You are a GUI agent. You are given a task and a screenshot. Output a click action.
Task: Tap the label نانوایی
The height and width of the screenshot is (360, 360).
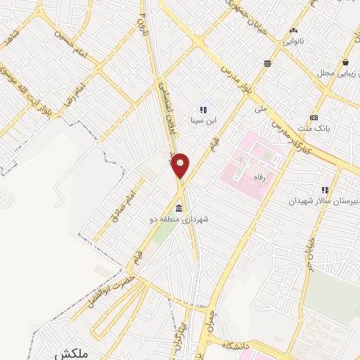coord(294,42)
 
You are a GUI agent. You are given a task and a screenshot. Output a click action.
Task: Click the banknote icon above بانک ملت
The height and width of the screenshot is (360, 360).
coord(314,117)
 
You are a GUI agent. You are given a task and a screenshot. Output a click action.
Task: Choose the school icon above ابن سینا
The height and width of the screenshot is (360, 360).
coord(203,110)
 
